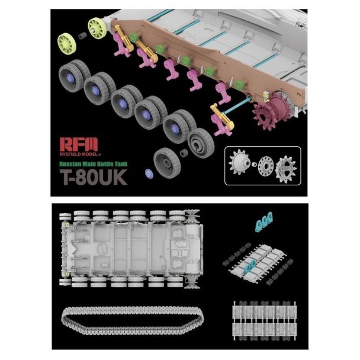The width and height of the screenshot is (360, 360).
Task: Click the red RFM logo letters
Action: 79,144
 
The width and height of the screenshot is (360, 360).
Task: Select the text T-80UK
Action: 94,177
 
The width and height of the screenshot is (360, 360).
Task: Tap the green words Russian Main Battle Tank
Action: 94,164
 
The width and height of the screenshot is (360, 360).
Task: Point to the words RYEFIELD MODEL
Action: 80,154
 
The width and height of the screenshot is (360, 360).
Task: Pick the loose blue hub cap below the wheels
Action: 149,173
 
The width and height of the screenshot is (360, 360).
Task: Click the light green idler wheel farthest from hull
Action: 66,44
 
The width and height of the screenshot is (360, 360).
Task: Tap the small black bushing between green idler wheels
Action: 83,36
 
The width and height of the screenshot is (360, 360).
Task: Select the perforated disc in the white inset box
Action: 266,165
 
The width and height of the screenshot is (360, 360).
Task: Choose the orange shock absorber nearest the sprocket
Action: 223,117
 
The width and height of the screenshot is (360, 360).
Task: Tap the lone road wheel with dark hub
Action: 167,163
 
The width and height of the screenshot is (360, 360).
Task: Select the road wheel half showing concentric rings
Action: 201,143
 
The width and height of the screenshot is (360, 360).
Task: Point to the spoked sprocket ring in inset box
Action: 286,169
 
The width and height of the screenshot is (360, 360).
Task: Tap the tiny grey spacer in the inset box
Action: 255,165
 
